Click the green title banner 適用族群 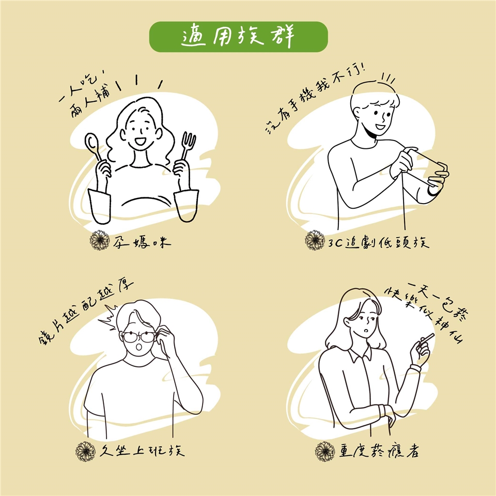point(238,37)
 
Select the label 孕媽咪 point(142,242)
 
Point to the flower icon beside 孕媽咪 point(99,240)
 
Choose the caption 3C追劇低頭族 point(378,242)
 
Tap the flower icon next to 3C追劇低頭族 point(315,240)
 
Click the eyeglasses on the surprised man point(139,337)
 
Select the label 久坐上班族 point(142,451)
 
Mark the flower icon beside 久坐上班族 point(85,451)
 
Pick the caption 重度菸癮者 point(379,451)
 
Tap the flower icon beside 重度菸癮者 point(325,452)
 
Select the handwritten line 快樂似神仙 point(424,315)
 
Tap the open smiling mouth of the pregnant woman point(139,142)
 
